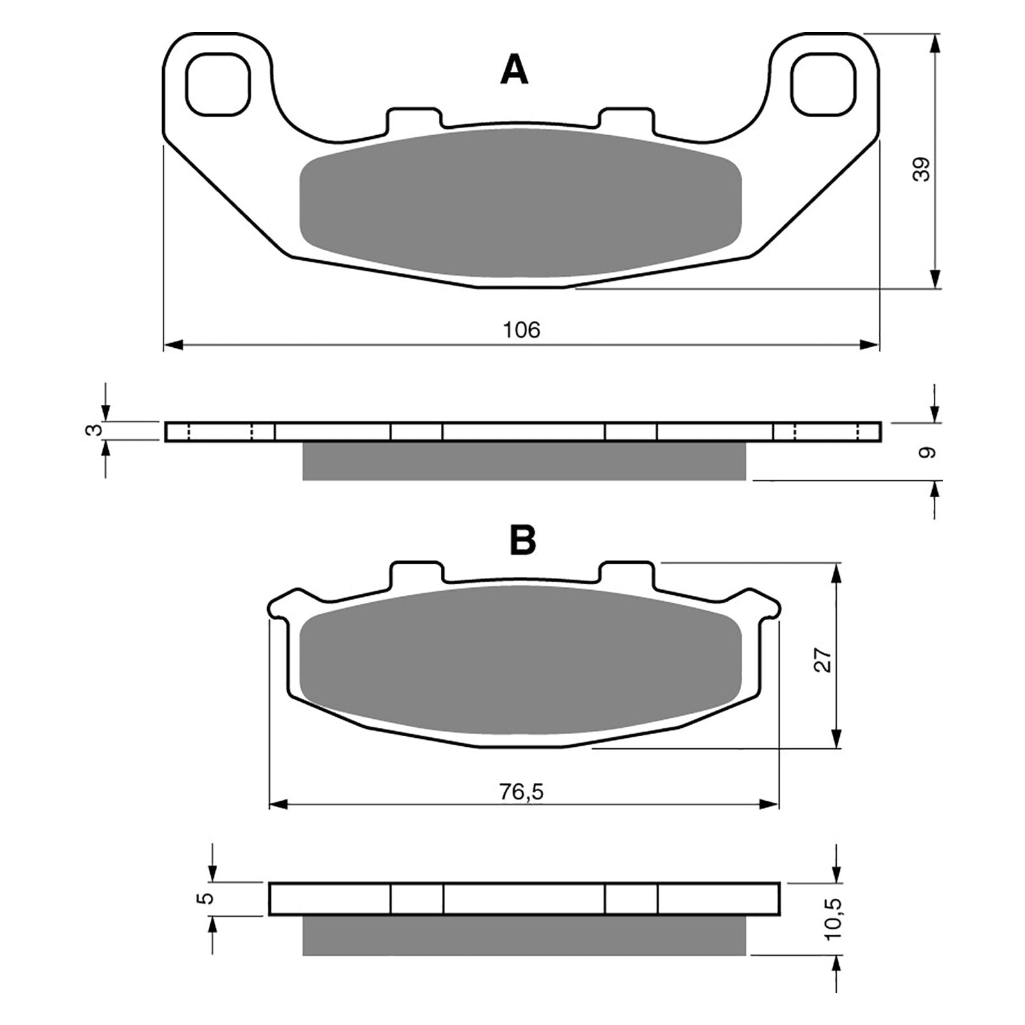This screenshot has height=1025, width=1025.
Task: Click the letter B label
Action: coord(522,541)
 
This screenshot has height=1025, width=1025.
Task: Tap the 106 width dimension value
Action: coord(521,330)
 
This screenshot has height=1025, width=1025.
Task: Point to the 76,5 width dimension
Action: coord(521,792)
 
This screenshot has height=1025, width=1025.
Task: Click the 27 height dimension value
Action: coord(823,660)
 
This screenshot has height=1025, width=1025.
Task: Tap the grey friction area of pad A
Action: coord(520,204)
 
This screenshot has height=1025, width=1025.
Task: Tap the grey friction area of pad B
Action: coord(520,660)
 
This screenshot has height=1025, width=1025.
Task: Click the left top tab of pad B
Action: coord(416,572)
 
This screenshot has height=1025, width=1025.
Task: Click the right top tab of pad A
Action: coord(627,119)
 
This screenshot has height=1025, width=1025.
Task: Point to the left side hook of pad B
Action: coord(282,605)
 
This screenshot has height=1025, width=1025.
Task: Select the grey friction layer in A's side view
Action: coord(524,461)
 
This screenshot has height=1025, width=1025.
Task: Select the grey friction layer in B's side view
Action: coord(524,935)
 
